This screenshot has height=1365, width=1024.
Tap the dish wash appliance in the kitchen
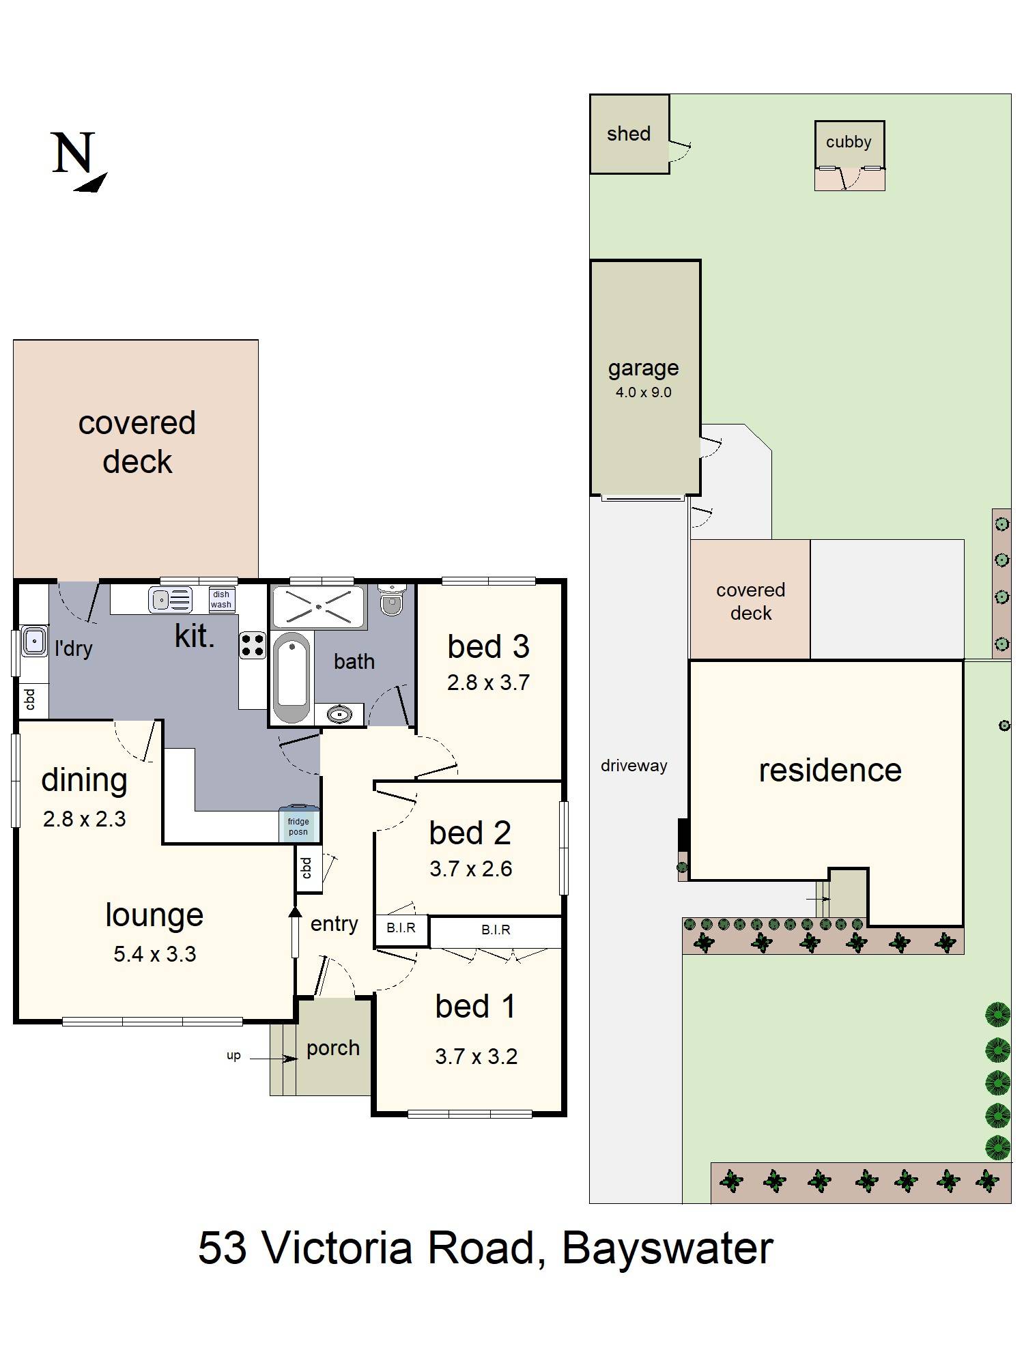click(x=221, y=599)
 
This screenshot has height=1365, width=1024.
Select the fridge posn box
click(x=298, y=826)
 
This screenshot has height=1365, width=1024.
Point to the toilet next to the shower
click(x=392, y=601)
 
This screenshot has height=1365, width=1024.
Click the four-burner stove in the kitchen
click(x=252, y=645)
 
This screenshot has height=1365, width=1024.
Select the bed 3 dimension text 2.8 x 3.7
click(x=488, y=682)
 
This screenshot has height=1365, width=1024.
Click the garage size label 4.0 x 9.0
click(x=643, y=392)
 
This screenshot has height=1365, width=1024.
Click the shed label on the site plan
click(x=628, y=134)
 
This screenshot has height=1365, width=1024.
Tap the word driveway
click(x=634, y=766)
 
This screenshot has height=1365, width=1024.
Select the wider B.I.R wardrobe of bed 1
click(x=496, y=930)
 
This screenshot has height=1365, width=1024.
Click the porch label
click(x=332, y=1048)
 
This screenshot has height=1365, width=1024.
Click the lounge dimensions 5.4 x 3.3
click(x=155, y=953)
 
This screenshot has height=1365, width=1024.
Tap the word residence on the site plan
click(x=829, y=770)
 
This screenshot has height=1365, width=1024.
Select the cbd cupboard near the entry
click(x=307, y=868)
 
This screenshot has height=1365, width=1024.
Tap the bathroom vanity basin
click(x=339, y=715)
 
